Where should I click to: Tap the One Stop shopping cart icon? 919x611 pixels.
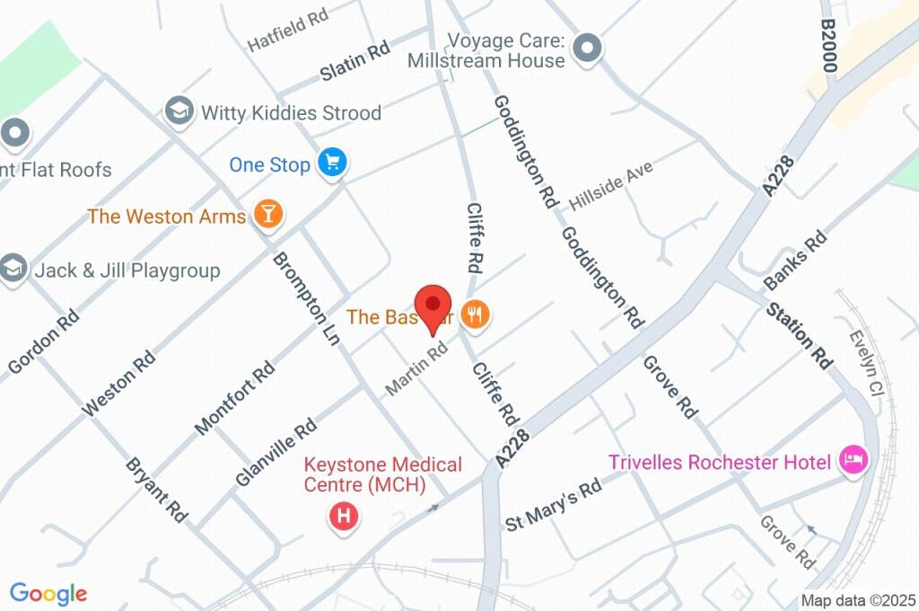(334, 163)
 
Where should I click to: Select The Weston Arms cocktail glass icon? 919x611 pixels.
(267, 214)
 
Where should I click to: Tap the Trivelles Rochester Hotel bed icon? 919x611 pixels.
(852, 461)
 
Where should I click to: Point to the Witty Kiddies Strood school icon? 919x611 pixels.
(179, 111)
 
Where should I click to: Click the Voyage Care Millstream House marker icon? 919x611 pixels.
(588, 49)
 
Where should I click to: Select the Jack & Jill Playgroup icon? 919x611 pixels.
(13, 270)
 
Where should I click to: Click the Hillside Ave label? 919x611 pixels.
(610, 185)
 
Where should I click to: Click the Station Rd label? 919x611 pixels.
(801, 335)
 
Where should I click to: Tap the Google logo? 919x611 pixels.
(48, 594)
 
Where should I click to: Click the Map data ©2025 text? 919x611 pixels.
(856, 600)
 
